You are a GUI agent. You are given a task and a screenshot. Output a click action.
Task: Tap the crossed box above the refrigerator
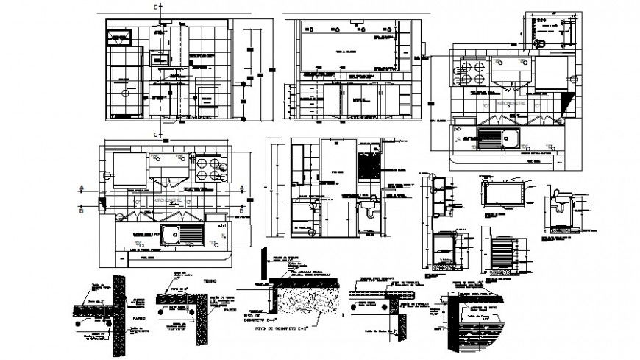coord(118,36)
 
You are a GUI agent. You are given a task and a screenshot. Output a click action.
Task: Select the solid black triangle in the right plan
coord(566,102)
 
